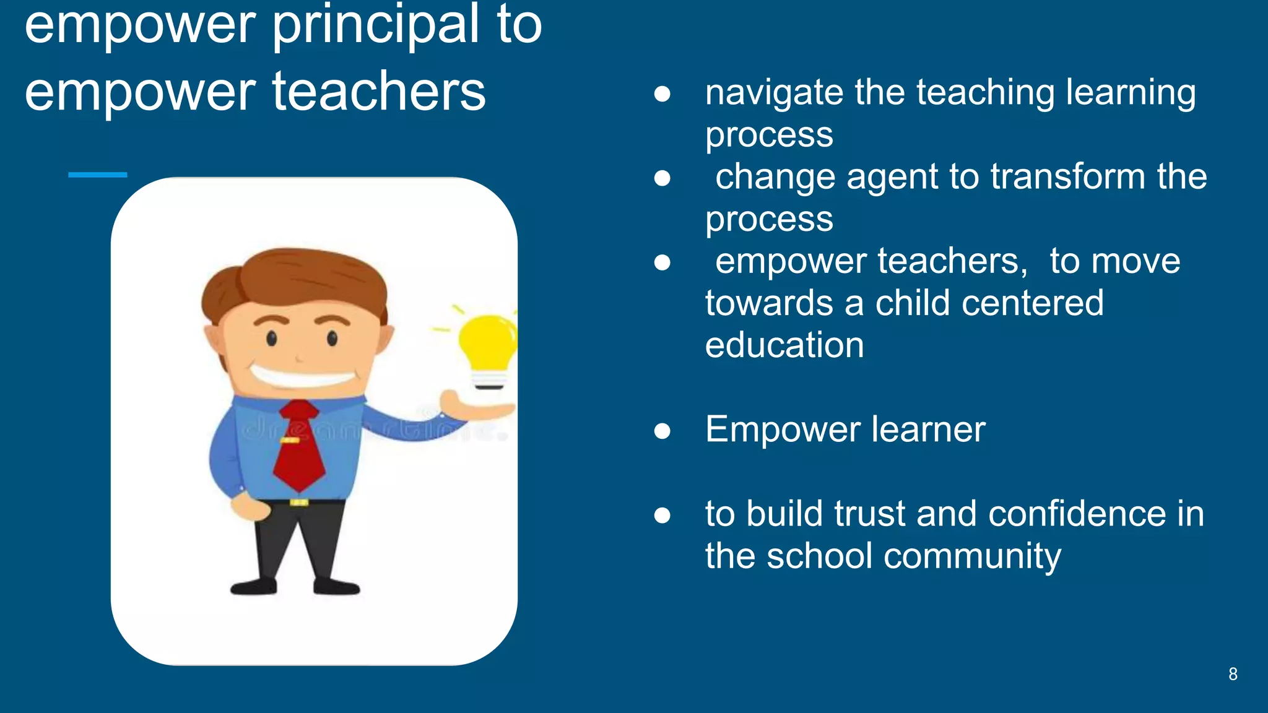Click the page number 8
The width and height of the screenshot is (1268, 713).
(1233, 674)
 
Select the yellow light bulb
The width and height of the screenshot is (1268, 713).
(487, 347)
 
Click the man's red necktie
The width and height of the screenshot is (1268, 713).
(298, 446)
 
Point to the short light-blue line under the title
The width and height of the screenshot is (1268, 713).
(97, 175)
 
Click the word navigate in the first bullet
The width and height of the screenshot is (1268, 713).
(774, 93)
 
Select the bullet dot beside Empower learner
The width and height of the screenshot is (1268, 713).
(662, 430)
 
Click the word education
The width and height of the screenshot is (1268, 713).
(784, 345)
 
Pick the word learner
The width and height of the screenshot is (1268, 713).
(928, 430)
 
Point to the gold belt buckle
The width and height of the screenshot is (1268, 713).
(299, 502)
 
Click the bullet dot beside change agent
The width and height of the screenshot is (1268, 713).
(662, 178)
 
